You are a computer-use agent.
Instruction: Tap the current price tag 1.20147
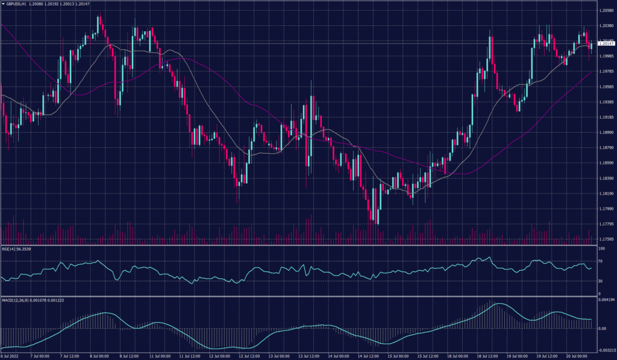point(606,43)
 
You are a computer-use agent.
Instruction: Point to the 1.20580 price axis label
point(606,11)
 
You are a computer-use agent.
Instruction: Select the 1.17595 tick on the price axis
point(606,239)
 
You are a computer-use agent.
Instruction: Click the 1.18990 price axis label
point(606,133)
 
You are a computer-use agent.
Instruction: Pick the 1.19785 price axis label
point(606,72)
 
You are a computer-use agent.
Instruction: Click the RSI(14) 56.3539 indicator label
point(16,249)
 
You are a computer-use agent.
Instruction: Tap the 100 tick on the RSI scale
point(601,248)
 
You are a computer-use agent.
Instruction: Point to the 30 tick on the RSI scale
point(600,281)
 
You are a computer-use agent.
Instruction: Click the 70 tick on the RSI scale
point(600,262)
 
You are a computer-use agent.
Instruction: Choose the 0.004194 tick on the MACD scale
point(606,298)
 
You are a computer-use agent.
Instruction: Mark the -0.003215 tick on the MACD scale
point(606,350)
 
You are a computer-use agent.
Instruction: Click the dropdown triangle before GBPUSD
point(3,4)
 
